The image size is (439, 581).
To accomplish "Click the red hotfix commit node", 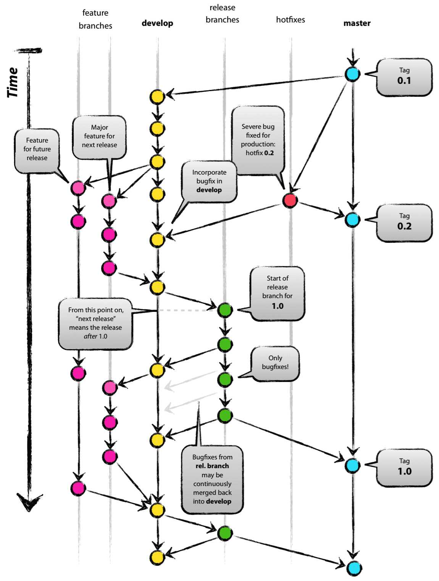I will click(x=290, y=200).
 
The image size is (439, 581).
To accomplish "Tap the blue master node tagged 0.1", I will click(x=352, y=74).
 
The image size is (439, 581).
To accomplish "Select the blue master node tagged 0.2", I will click(x=352, y=220).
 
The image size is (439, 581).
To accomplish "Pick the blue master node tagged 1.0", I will click(x=352, y=465).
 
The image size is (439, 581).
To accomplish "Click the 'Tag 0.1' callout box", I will click(x=404, y=77).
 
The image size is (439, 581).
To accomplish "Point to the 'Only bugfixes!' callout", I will click(x=275, y=363).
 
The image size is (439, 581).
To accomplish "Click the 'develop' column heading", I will click(x=157, y=23).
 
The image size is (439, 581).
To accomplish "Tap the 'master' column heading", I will click(x=357, y=23).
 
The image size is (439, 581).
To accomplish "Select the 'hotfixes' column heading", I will click(x=291, y=20).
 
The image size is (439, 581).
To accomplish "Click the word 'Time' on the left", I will click(x=13, y=82).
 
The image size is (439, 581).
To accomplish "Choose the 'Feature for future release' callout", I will click(x=37, y=150).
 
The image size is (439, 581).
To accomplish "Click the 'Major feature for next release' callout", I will click(x=99, y=137).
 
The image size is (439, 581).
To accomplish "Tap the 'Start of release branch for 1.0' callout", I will click(x=278, y=292).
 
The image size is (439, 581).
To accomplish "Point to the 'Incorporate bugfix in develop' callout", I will click(x=209, y=181).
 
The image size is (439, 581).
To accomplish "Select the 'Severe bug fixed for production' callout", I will click(x=258, y=140).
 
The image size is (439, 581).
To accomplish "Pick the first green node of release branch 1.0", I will click(x=225, y=310).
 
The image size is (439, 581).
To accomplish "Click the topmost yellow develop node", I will click(x=157, y=97).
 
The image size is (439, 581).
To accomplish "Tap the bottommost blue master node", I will click(x=354, y=568).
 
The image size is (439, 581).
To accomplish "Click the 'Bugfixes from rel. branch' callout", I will click(x=212, y=479).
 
